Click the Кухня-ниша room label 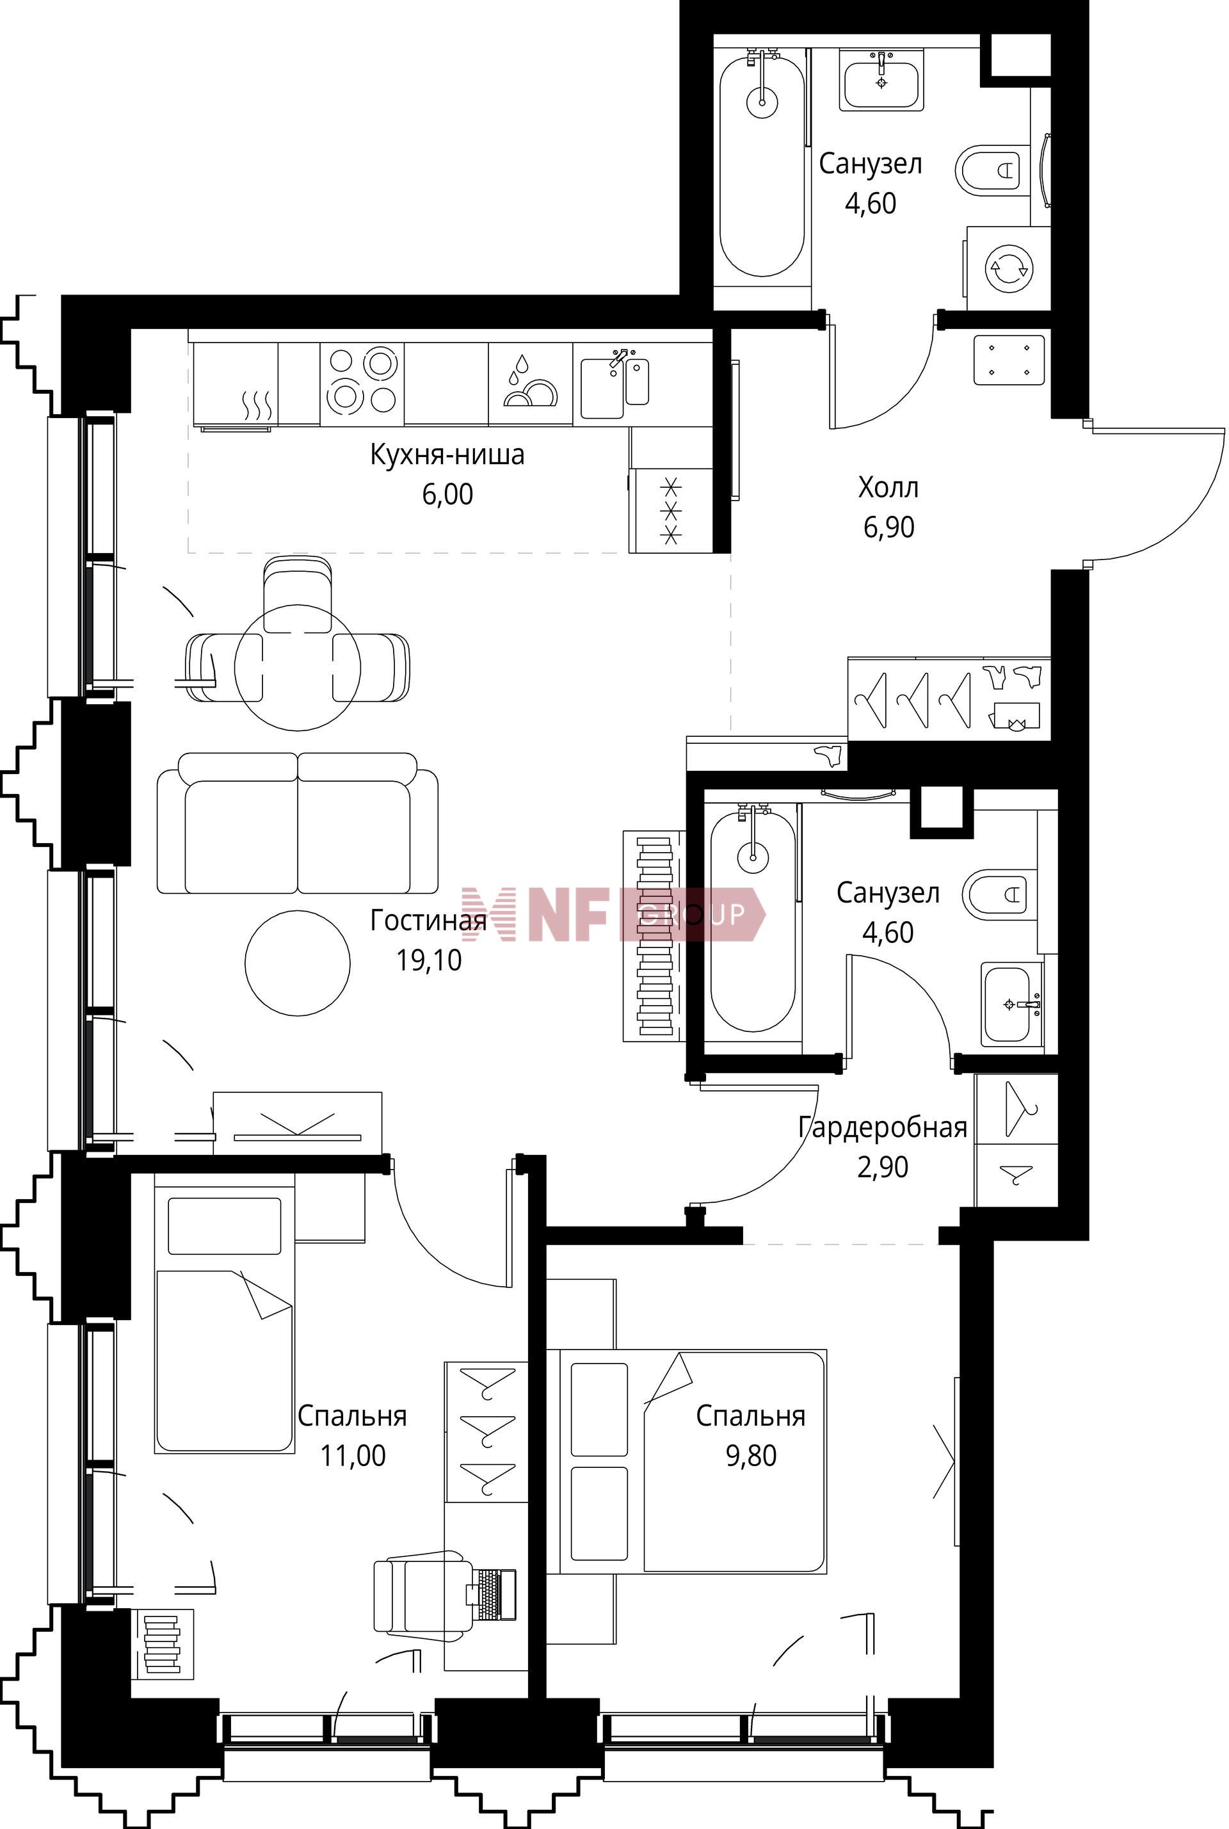coord(447,455)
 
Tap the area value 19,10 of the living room coord(429,960)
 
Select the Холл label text coord(888,488)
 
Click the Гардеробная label coord(883,1127)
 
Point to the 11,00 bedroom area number coord(353,1455)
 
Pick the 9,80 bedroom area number coord(751,1455)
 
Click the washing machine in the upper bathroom coord(1008,268)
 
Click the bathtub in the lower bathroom coord(753,922)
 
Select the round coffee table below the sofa coord(298,963)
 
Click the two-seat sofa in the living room coord(298,823)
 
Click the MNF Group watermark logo coord(614,914)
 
